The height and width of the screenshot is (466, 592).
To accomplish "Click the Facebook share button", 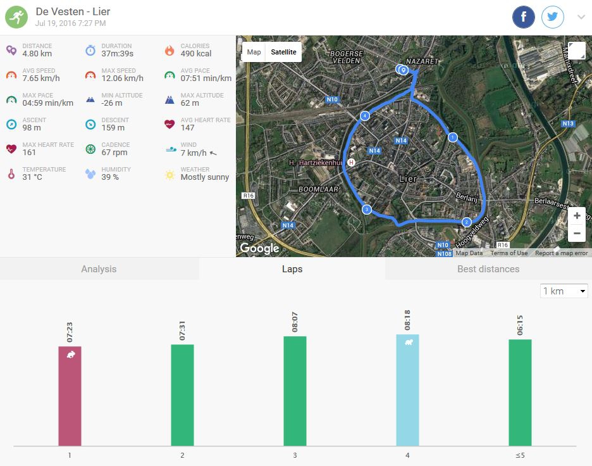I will coord(524,17).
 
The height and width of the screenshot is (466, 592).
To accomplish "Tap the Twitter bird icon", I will coord(553,17).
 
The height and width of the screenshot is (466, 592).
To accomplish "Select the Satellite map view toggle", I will coord(283,52).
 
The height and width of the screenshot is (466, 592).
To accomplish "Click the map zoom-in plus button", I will coord(577,216).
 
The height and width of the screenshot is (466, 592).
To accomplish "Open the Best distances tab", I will coord(488,269).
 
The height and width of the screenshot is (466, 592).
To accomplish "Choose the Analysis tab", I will coord(99,269).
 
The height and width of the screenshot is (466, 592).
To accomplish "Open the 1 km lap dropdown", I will coord(564,291).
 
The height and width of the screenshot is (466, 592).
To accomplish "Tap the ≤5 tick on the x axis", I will coord(520,455).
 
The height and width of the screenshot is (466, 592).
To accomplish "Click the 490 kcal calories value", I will coord(196,54).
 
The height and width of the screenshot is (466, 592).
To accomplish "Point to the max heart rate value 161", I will coord(29,153).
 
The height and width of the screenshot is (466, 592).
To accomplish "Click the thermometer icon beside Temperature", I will coord(11,173).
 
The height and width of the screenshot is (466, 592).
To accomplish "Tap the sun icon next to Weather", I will coord(170,174).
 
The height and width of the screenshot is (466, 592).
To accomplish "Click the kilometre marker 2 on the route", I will coord(466,222).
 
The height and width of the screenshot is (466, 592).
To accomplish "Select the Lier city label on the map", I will coord(409,179).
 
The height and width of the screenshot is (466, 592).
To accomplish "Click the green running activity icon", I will coord(17,17).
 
